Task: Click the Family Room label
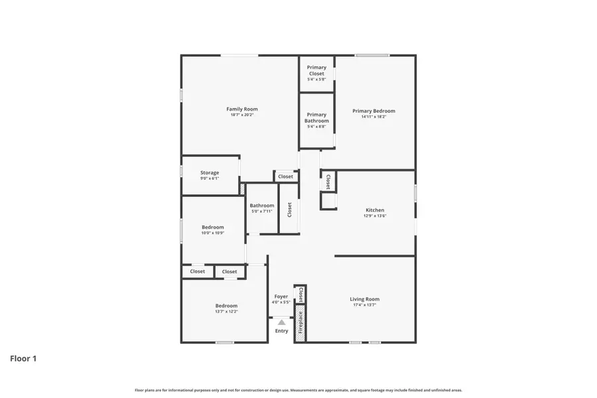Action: pos(241,109)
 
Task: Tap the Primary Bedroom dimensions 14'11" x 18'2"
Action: pos(373,117)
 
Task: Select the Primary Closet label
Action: pos(316,70)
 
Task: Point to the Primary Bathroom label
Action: pos(316,117)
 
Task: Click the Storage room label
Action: pos(210,172)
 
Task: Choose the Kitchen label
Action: pos(375,210)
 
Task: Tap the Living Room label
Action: pos(364,299)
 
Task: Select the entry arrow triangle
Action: pos(281,322)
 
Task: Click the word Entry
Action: pos(281,331)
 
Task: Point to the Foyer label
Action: pos(281,296)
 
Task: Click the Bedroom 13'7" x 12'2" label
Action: pos(226,306)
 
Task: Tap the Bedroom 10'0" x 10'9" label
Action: pos(213,227)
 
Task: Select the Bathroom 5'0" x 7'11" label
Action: pos(262,206)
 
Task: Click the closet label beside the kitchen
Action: pos(328,182)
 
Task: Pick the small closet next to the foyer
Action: pos(300,294)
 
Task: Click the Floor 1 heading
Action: pos(23,359)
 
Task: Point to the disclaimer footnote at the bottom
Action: pos(298,390)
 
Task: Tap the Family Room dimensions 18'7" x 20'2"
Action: pos(241,115)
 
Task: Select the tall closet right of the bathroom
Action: pos(289,209)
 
